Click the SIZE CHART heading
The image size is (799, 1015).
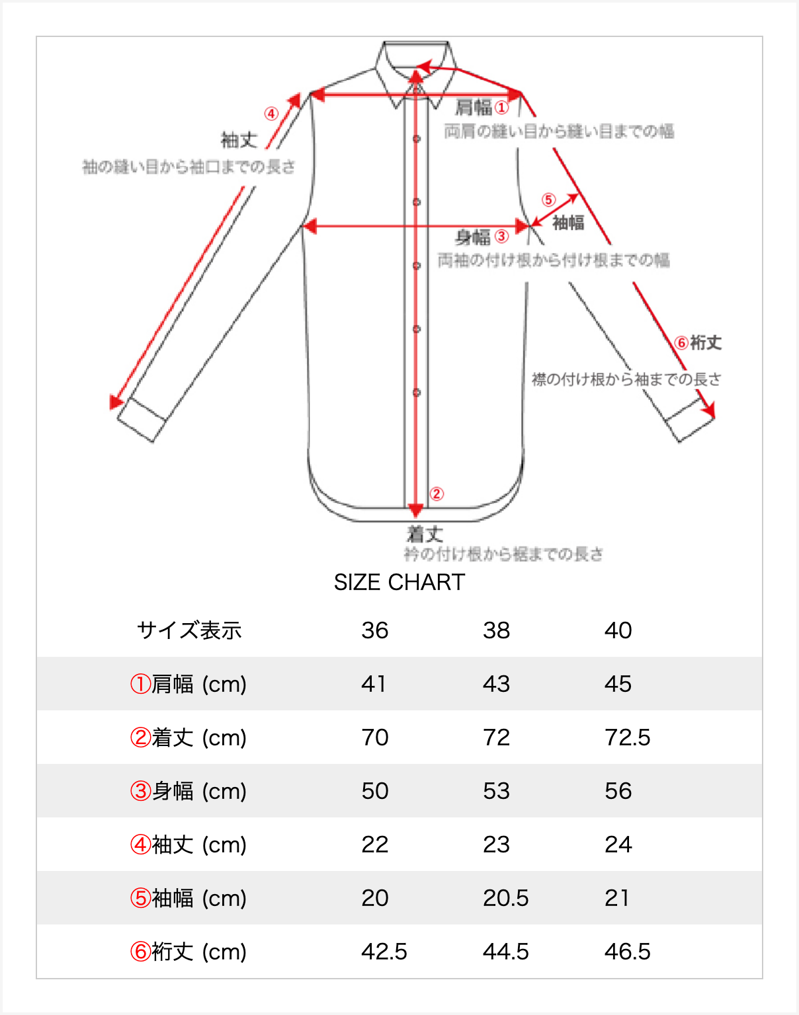tap(399, 582)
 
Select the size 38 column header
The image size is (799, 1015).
tap(496, 630)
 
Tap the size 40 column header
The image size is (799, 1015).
tap(618, 630)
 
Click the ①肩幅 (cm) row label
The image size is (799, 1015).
tap(189, 684)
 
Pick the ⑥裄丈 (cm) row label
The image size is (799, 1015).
tap(189, 952)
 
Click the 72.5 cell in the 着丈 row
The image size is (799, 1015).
tap(627, 737)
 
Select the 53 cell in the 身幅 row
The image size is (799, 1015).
tap(496, 791)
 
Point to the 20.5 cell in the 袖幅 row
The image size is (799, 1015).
tap(505, 898)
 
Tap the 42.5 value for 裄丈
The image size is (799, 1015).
tap(384, 952)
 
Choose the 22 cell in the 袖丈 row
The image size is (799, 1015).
tap(374, 845)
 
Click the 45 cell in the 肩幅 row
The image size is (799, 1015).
tap(618, 684)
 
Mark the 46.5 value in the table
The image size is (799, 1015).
tap(627, 952)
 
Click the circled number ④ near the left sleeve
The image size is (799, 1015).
tap(271, 114)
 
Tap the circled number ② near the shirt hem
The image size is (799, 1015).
tap(437, 494)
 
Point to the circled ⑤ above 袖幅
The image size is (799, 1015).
tap(548, 200)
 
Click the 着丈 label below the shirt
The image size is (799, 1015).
tap(425, 533)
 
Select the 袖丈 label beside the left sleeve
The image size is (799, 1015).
tap(239, 140)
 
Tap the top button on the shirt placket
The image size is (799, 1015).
tap(417, 139)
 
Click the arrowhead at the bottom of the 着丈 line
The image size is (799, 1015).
tap(415, 511)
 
